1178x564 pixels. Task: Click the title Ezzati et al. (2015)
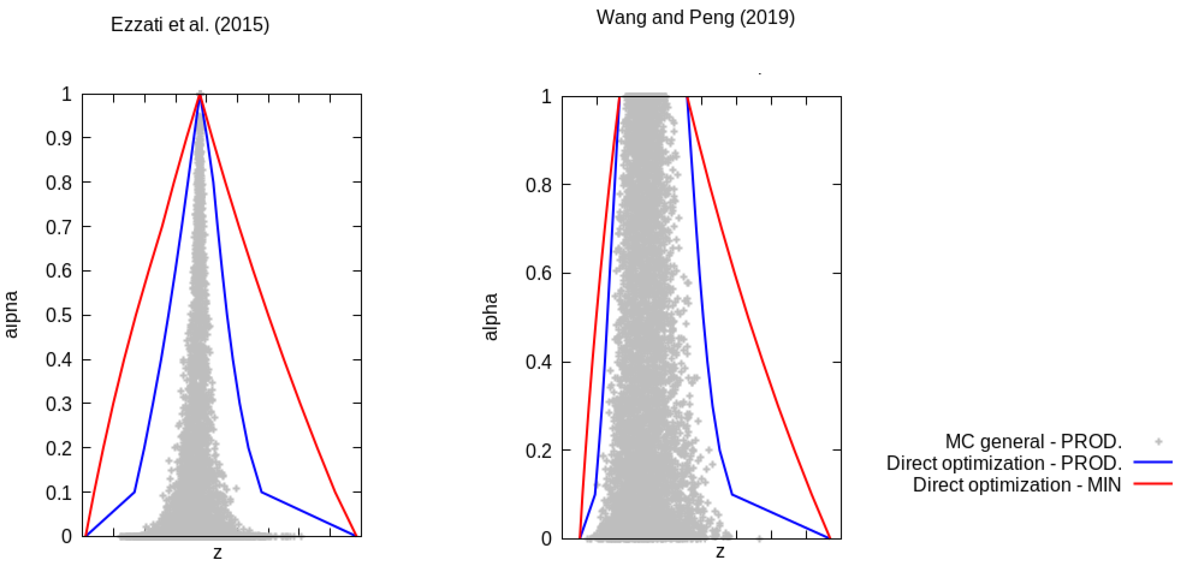pos(190,24)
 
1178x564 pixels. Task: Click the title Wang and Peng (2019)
pos(695,17)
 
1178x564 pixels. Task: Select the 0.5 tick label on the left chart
pos(59,315)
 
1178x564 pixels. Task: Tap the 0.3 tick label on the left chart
pos(59,404)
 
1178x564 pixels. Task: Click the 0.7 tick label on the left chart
pos(59,227)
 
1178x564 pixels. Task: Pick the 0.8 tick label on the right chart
pos(538,185)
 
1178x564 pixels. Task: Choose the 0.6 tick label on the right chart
pos(538,273)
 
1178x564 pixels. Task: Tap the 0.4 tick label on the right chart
pos(538,362)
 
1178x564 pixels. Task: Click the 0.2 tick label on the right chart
pos(538,451)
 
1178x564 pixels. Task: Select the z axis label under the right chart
pos(720,552)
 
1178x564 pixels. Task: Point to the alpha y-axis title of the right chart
pos(490,317)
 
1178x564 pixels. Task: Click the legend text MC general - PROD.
pos(1033,442)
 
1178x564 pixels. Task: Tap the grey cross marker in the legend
pos(1158,442)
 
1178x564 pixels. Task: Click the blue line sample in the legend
pos(1152,463)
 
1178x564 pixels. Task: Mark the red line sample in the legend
pos(1152,484)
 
